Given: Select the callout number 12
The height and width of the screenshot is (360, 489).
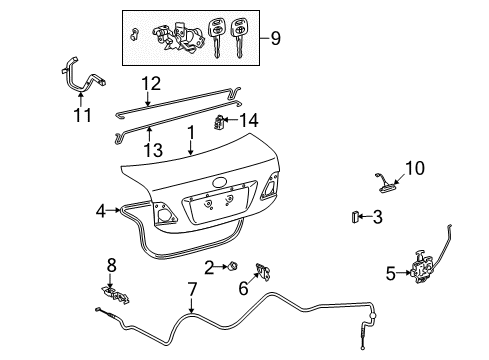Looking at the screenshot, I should tap(149, 84).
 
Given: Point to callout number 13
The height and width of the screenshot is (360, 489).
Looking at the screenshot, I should tap(149, 149).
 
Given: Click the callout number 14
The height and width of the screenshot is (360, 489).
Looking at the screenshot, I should tap(250, 120).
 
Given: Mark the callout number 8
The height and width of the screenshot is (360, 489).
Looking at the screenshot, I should tap(111, 265).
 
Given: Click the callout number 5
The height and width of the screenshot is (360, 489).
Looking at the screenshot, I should tap(389, 268).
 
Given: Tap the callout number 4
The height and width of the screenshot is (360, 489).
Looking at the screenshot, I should tap(101, 211).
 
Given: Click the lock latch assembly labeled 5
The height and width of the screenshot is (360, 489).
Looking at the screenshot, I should tap(420, 269).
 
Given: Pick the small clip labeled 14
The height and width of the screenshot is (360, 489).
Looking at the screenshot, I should tap(222, 121).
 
